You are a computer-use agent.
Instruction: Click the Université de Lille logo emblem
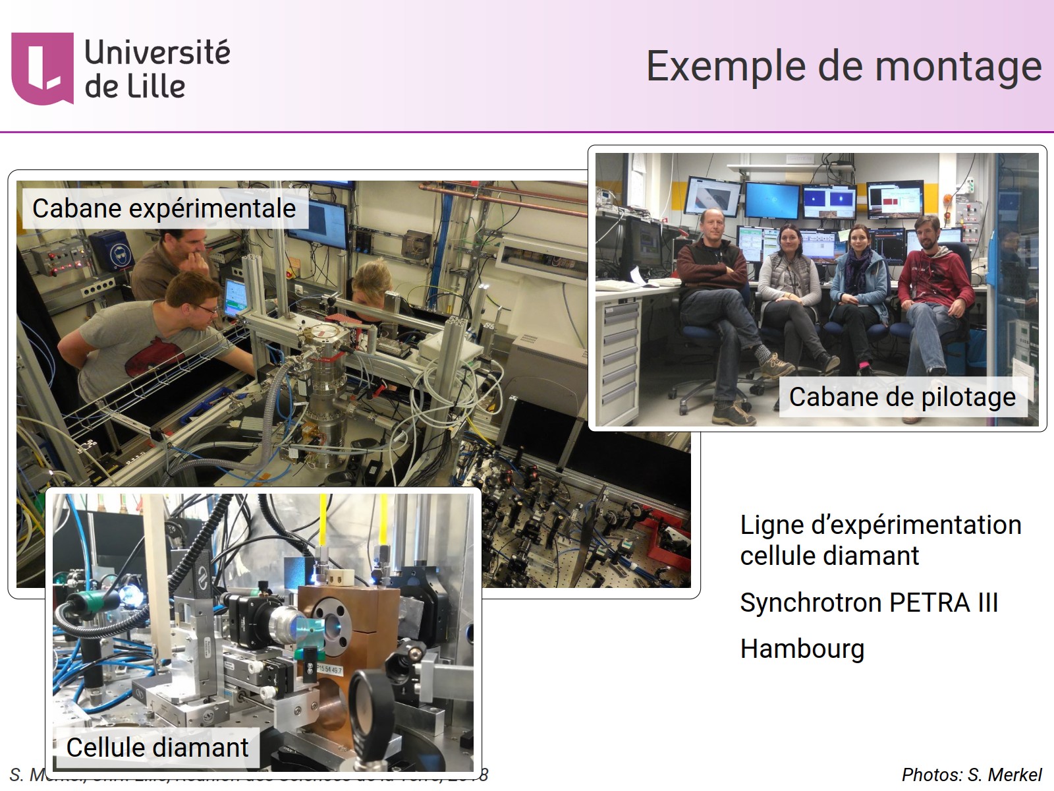coord(42,68)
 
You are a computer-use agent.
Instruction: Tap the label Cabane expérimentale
coord(164,209)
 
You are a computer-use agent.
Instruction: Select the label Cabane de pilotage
coord(902,397)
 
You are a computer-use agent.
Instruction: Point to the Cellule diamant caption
coord(157,747)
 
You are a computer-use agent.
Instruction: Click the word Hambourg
coord(802,649)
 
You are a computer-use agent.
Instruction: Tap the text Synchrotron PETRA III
coord(869,602)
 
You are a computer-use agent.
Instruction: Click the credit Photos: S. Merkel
coord(971,775)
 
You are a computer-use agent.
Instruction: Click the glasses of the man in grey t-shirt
coord(206,307)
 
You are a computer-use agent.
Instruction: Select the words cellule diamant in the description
coord(829,556)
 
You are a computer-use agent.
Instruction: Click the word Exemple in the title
coord(725,67)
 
